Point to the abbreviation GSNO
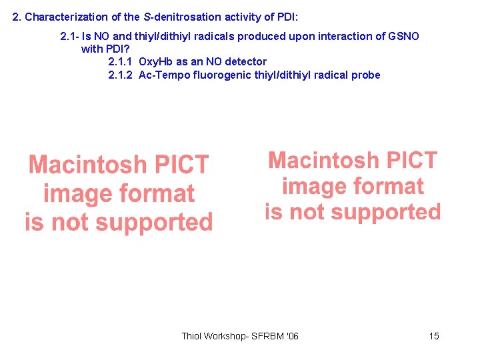[x=404, y=36]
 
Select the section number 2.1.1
[x=120, y=61]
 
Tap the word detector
[x=245, y=61]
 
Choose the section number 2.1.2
[x=120, y=75]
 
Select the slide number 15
[x=434, y=336]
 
